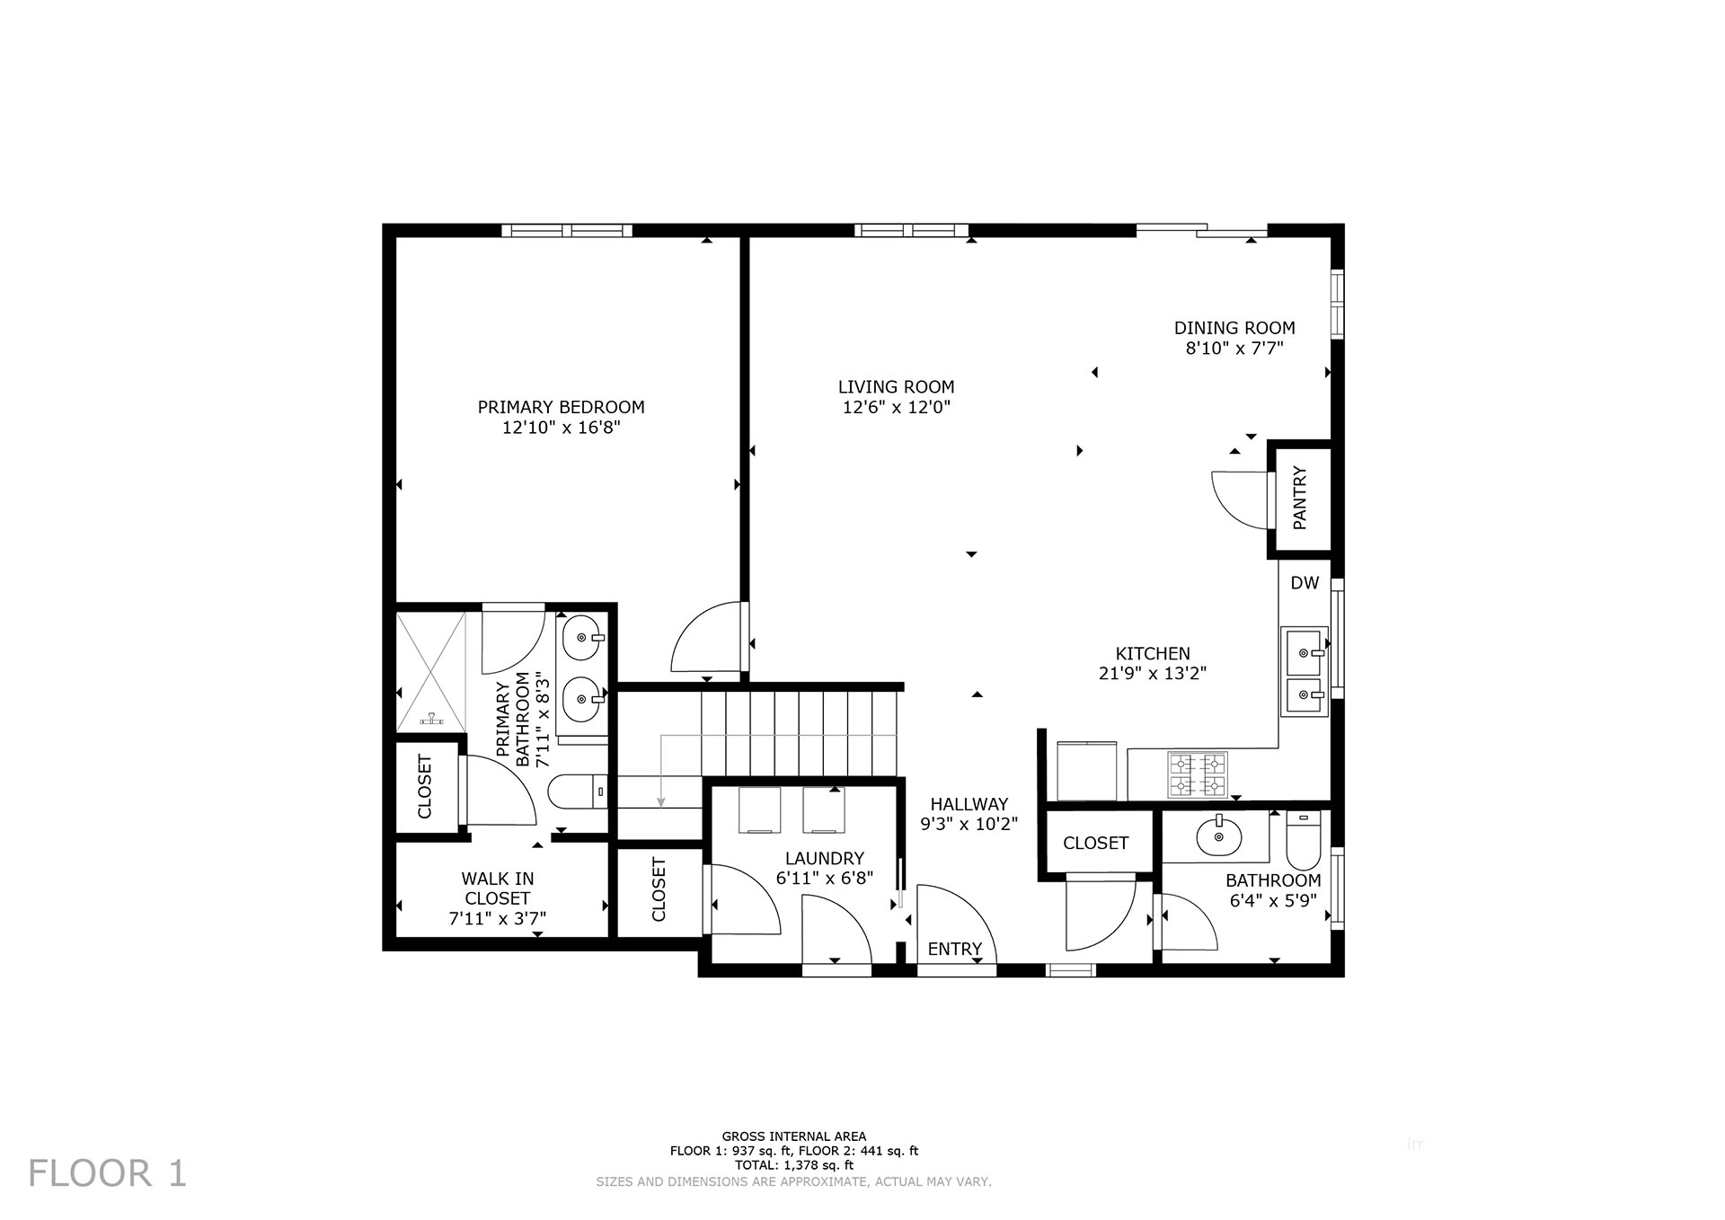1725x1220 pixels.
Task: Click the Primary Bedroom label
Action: [x=561, y=407]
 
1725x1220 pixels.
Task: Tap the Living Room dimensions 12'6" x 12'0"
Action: [x=896, y=407]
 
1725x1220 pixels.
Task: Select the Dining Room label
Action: [x=1234, y=328]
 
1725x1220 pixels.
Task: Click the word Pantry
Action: [x=1300, y=498]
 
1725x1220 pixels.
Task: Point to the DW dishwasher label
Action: [x=1305, y=583]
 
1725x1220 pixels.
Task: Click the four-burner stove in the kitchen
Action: [x=1197, y=774]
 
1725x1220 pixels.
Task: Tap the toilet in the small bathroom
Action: [x=1302, y=840]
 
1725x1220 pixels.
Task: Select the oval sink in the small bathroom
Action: [x=1218, y=839]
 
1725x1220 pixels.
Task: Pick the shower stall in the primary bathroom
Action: [x=431, y=669]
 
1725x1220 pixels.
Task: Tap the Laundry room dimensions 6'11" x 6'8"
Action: [x=825, y=878]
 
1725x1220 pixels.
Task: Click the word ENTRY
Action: [x=955, y=949]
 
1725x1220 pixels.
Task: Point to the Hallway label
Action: [x=969, y=804]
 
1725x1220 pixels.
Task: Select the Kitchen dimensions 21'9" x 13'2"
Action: [x=1153, y=673]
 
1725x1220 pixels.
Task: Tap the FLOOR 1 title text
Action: [x=108, y=1173]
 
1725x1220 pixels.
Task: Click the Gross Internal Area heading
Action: [x=794, y=1136]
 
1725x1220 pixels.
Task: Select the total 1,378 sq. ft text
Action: [x=794, y=1165]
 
